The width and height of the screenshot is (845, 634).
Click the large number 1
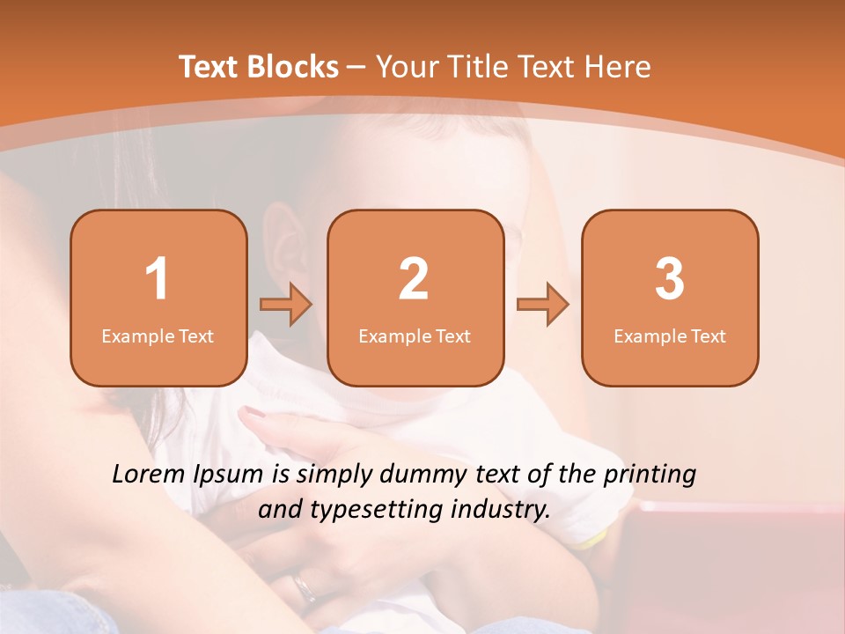pyautogui.click(x=157, y=279)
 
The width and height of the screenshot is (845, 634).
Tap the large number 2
pyautogui.click(x=414, y=279)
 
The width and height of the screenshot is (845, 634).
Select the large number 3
pyautogui.click(x=670, y=279)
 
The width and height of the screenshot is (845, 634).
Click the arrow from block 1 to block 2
pyautogui.click(x=286, y=305)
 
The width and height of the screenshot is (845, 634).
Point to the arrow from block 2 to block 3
pyautogui.click(x=543, y=305)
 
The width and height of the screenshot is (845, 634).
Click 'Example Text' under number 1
pyautogui.click(x=158, y=335)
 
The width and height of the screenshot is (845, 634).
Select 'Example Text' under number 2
pyautogui.click(x=415, y=335)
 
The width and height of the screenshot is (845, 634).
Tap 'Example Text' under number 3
pyautogui.click(x=670, y=335)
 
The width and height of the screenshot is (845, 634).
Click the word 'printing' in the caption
pyautogui.click(x=650, y=475)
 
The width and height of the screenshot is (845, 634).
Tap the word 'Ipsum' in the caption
pyautogui.click(x=228, y=475)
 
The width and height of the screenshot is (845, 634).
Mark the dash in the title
pyautogui.click(x=356, y=68)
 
